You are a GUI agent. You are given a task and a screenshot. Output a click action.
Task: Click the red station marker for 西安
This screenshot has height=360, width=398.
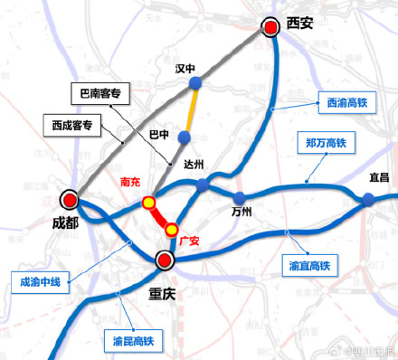click(x=270, y=29)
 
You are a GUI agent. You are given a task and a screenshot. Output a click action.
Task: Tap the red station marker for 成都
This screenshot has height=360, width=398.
click(x=69, y=199)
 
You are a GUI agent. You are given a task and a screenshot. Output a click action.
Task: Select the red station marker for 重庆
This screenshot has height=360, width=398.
click(x=165, y=261)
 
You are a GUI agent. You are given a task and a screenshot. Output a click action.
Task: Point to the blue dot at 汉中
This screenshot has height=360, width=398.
click(x=194, y=85)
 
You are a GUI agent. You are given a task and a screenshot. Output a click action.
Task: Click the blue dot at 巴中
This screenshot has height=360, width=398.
click(x=184, y=137)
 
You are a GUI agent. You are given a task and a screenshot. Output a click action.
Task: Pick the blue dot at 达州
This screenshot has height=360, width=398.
click(x=203, y=184)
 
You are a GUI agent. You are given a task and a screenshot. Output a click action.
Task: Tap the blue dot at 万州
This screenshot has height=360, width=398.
click(x=239, y=197)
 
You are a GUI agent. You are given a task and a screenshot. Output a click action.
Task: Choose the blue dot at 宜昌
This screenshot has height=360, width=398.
click(x=369, y=201)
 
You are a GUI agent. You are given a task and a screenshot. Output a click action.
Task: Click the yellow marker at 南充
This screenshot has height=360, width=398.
click(x=149, y=203)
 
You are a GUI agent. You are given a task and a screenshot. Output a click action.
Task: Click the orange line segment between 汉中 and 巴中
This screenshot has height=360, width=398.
click(x=189, y=111)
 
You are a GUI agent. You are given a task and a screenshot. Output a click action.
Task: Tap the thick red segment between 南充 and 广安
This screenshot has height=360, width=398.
click(x=161, y=217)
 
